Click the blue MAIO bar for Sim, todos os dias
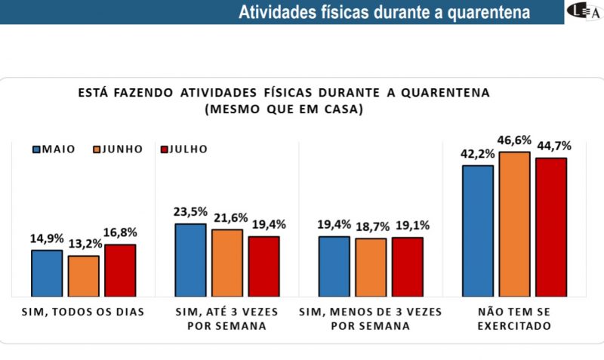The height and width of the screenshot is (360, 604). point(47,272)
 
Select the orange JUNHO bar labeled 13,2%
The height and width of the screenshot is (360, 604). point(83,275)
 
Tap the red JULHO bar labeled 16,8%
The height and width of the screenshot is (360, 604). point(120,269)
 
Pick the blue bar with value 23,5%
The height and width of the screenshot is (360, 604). point(190,259)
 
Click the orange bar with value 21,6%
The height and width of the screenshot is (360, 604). point(227,262)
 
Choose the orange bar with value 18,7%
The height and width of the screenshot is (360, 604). point(371,266)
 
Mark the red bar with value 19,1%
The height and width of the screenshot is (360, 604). point(408,266)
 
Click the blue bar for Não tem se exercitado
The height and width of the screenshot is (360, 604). point(478,230)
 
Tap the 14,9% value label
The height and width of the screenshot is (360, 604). point(47,238)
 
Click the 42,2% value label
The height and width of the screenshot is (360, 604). point(477,154)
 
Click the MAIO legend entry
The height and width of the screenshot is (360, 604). point(53,149)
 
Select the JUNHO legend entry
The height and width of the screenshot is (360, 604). point(117,149)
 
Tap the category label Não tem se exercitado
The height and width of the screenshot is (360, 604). point(514,318)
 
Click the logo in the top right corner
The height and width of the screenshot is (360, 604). point(583,12)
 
